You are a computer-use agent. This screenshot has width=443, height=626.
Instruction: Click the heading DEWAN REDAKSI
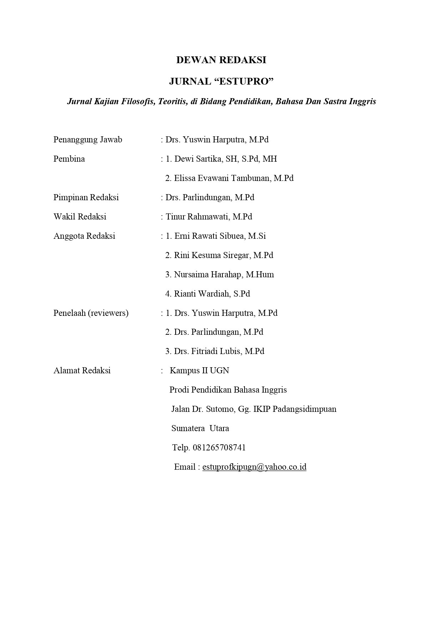point(221,60)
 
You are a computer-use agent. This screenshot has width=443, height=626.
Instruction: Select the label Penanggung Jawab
point(88,140)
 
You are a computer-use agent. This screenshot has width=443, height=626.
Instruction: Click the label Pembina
point(69,159)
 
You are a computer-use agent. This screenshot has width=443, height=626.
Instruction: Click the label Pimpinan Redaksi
point(86,197)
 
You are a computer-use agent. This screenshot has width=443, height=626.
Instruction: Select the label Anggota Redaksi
point(84,236)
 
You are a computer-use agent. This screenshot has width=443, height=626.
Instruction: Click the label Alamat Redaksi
point(82,370)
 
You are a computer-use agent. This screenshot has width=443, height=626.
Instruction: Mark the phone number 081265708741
point(219,448)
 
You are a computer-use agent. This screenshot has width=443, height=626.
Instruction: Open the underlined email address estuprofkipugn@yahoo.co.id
point(254,467)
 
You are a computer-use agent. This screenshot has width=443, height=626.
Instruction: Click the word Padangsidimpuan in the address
point(304,409)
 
